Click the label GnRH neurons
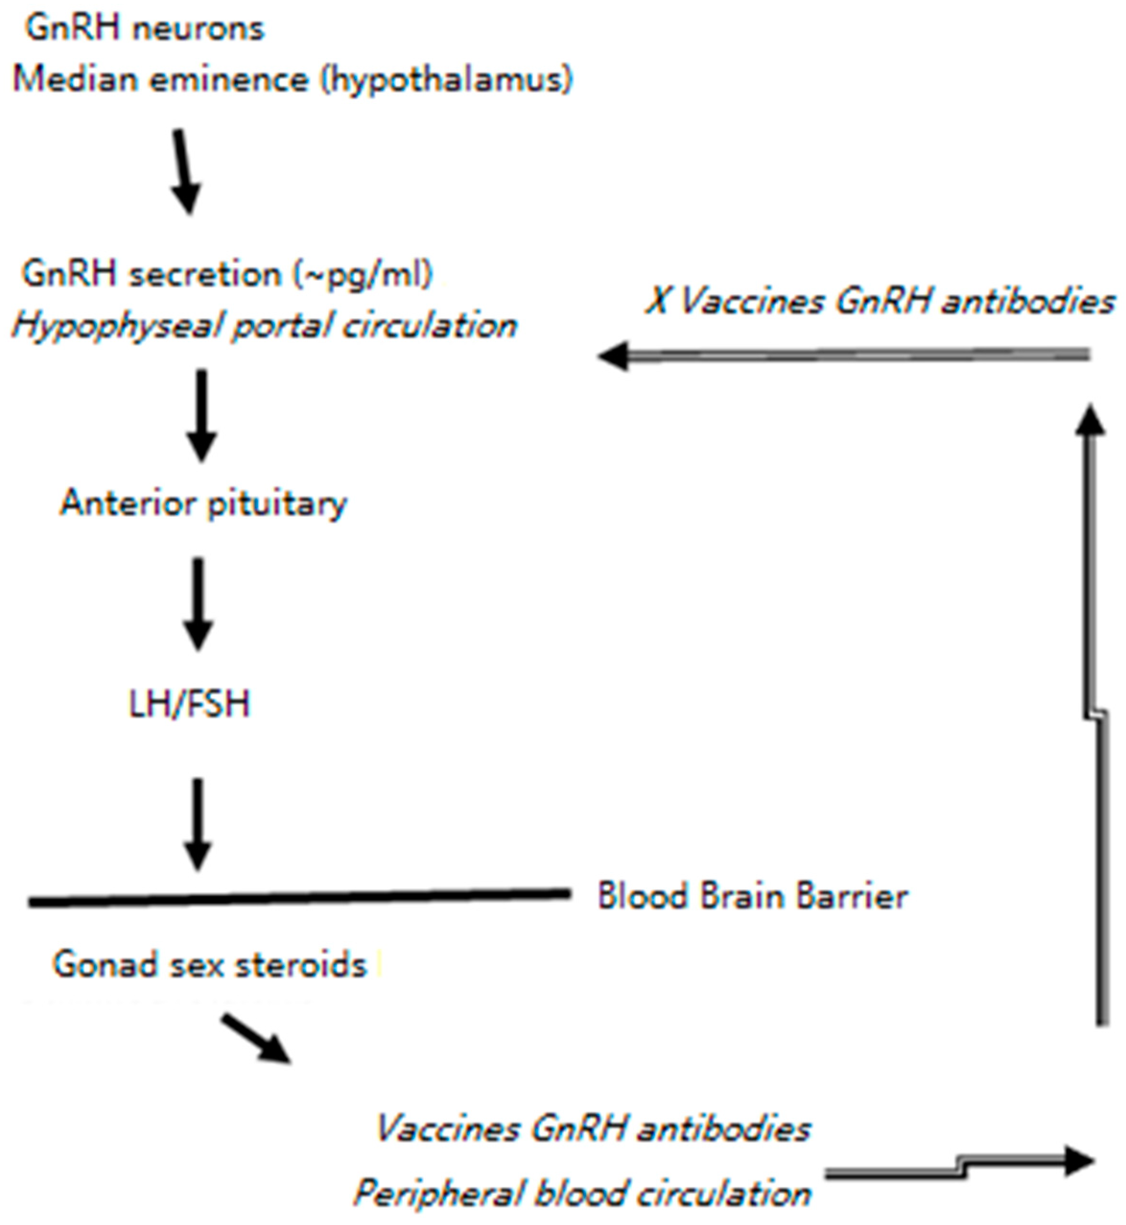(x=145, y=29)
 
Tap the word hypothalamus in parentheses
(x=446, y=80)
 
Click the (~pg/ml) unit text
(x=364, y=274)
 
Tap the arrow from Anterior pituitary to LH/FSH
(x=198, y=604)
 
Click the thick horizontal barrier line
(x=299, y=897)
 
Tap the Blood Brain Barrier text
(x=752, y=897)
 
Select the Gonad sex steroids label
(x=210, y=965)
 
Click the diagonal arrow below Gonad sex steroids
(x=256, y=1038)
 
